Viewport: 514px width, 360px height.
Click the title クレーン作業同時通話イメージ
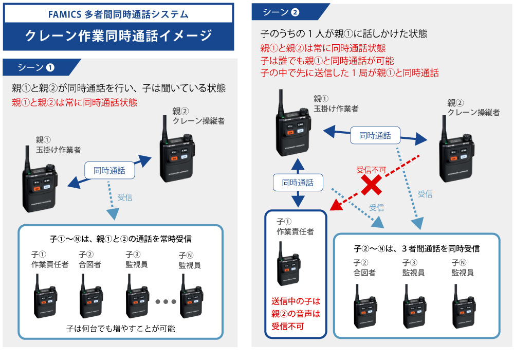pyautogui.click(x=119, y=35)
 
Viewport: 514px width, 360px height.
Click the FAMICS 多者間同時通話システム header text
pyautogui.click(x=119, y=13)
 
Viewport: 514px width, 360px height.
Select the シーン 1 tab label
pyautogui.click(x=36, y=67)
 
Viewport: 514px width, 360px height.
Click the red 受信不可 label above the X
pyautogui.click(x=371, y=170)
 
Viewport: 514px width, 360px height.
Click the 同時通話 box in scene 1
pyautogui.click(x=109, y=170)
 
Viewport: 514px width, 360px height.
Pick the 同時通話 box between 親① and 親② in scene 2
pyautogui.click(x=375, y=136)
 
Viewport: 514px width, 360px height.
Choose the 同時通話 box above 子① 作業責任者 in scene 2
pyautogui.click(x=298, y=182)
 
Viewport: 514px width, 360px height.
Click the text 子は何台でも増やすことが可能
pyautogui.click(x=121, y=329)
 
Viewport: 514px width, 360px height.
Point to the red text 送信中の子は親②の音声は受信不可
pyautogui.click(x=296, y=313)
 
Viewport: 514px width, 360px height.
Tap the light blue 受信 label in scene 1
pyautogui.click(x=125, y=196)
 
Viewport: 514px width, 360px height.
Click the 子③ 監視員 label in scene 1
pyautogui.click(x=136, y=260)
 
